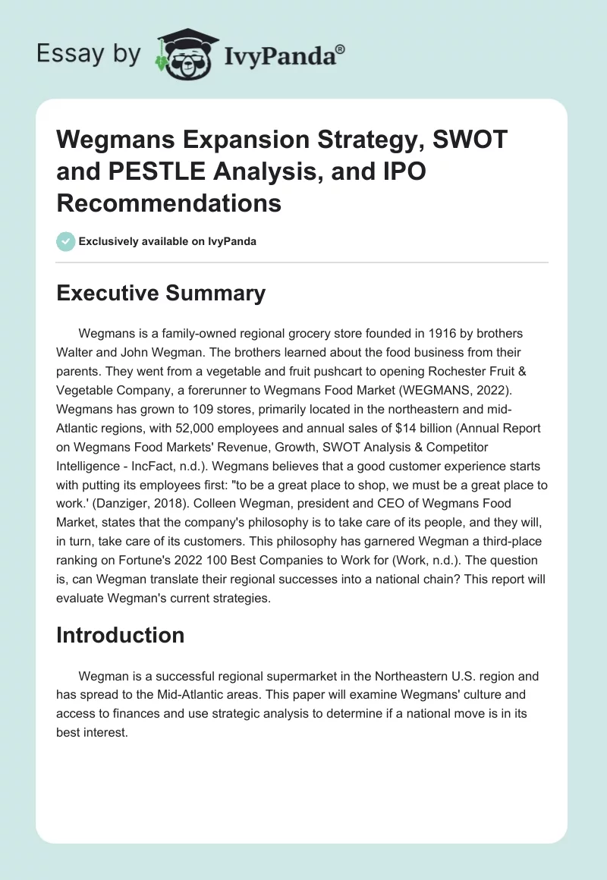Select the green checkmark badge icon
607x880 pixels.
65,241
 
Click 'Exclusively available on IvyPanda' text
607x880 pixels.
167,241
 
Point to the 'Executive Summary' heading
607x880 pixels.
161,294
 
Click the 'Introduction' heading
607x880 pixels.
120,635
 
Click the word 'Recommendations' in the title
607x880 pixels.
168,203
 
